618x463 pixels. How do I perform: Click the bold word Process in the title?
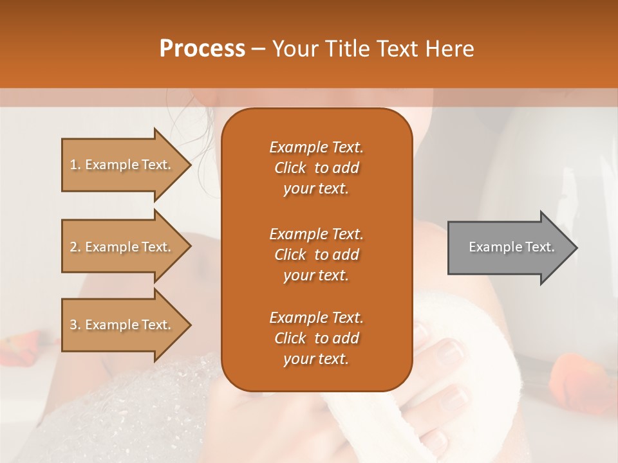202,49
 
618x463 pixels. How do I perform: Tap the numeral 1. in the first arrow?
75,165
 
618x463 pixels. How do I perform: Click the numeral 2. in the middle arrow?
75,247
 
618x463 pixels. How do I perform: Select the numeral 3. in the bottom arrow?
75,325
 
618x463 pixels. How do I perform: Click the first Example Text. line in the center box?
316,147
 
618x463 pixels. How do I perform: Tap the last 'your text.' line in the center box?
316,359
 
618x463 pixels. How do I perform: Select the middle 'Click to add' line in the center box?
316,255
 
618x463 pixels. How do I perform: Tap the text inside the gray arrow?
512,247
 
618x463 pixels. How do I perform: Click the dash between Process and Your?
259,50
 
